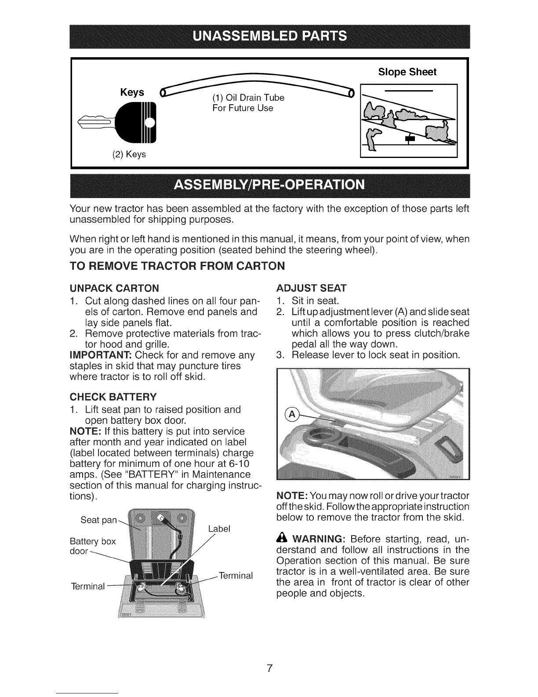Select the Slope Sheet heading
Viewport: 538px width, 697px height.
(407, 72)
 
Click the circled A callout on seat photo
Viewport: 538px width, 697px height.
(291, 415)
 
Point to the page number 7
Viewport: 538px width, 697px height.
(269, 668)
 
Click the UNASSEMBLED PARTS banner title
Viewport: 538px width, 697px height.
(270, 36)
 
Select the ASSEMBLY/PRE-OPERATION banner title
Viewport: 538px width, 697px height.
(269, 185)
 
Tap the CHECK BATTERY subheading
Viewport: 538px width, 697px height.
(113, 397)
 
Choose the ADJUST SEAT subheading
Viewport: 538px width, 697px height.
(311, 288)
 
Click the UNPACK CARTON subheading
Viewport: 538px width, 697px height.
(114, 288)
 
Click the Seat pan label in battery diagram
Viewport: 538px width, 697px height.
(98, 520)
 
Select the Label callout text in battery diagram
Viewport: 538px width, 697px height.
(219, 528)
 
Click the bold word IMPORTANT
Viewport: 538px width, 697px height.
(101, 355)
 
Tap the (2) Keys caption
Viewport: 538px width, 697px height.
(129, 154)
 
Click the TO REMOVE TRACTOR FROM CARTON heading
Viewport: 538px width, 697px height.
(177, 266)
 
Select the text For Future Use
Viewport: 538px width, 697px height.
(243, 108)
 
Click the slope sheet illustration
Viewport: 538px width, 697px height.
(408, 121)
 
